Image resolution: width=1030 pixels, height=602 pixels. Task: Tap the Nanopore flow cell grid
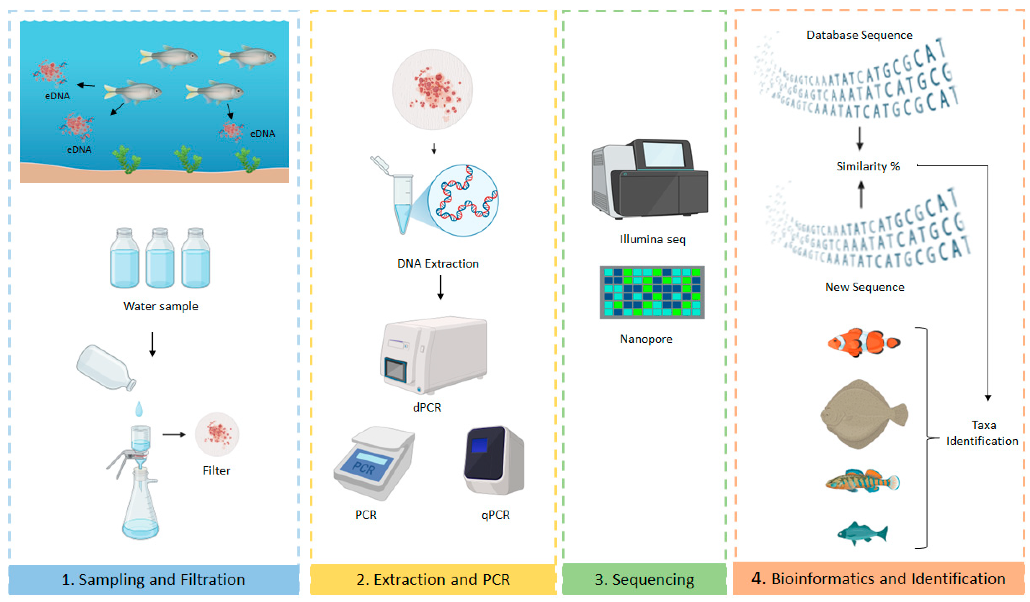(652, 292)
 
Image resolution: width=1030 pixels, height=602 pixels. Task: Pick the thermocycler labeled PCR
(374, 462)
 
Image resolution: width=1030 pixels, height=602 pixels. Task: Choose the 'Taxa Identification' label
(982, 433)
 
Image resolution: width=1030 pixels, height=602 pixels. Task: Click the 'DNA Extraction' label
(438, 264)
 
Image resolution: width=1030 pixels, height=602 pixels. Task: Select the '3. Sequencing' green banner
(644, 579)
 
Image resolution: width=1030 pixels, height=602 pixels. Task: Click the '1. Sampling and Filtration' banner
(153, 579)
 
